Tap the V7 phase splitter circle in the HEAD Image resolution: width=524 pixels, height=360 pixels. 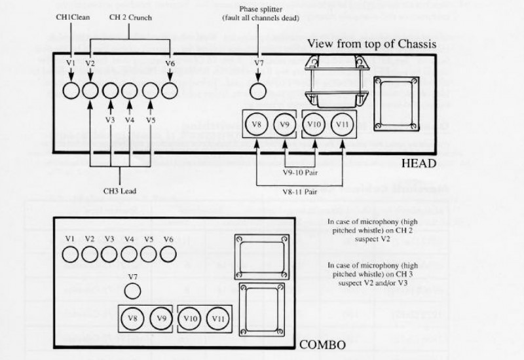coord(259,90)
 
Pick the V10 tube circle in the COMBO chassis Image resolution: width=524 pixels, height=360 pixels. coord(189,319)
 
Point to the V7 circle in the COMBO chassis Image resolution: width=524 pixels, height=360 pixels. coord(132,291)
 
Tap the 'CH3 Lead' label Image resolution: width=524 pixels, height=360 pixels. coord(120,191)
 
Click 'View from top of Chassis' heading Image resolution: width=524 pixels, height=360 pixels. coord(382,43)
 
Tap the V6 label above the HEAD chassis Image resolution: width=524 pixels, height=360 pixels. coord(170,63)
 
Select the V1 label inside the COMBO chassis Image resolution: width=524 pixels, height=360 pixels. coord(71,238)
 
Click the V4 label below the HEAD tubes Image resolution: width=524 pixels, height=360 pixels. coord(130,120)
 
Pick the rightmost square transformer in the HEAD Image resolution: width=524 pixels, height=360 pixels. coord(395,103)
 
